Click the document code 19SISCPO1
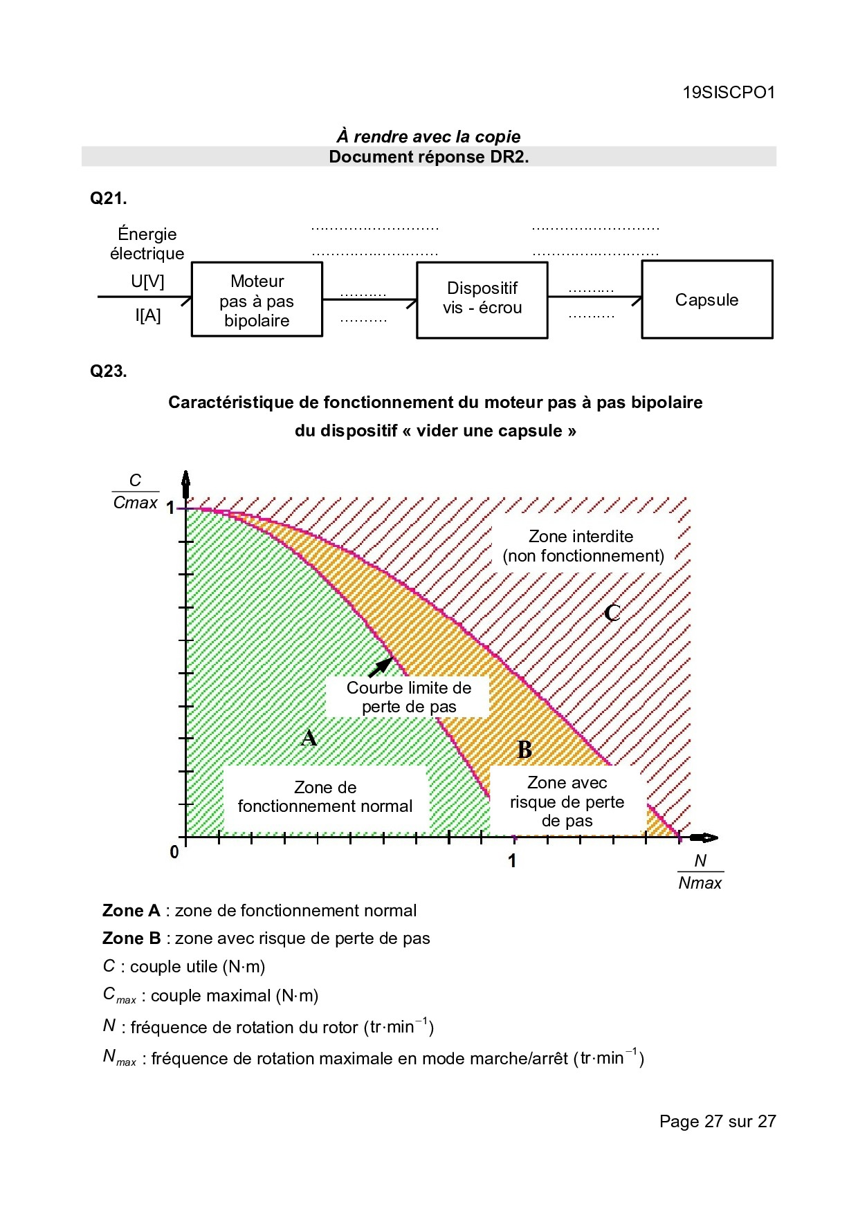click(x=729, y=93)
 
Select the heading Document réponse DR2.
click(x=428, y=157)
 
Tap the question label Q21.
click(x=109, y=198)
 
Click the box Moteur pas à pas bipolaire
click(x=257, y=300)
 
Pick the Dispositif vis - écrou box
click(x=482, y=299)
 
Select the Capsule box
click(x=706, y=300)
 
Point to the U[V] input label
click(x=147, y=281)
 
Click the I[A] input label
click(x=147, y=316)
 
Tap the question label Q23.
click(x=109, y=371)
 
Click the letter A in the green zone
click(x=309, y=738)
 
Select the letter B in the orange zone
click(x=524, y=750)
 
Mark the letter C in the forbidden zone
click(x=612, y=613)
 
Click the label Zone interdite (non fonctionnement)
click(x=583, y=546)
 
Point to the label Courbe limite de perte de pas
click(x=408, y=697)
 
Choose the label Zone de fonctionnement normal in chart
click(x=325, y=797)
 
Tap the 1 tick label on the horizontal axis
click(x=512, y=861)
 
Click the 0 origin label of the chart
click(x=174, y=852)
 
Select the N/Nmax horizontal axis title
click(x=700, y=872)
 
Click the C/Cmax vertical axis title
click(x=136, y=492)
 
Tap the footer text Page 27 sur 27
click(x=717, y=1121)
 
